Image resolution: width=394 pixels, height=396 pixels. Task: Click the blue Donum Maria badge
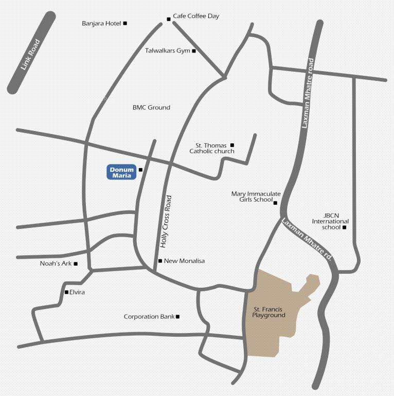point(121,172)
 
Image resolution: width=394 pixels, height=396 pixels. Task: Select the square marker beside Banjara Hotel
point(125,23)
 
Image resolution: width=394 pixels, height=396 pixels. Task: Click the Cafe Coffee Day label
point(196,16)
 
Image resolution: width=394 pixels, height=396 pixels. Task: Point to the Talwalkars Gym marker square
point(194,51)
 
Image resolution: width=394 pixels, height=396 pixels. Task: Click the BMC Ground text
point(151,107)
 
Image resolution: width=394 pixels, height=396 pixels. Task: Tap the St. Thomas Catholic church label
point(212,148)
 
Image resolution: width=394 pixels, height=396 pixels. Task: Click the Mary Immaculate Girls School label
point(252,196)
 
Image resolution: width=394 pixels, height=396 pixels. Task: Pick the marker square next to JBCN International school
point(345,227)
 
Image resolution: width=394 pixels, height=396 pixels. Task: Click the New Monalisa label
point(184,261)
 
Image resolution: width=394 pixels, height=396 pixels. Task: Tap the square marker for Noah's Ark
point(76,264)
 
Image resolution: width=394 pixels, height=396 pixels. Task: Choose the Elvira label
point(77,292)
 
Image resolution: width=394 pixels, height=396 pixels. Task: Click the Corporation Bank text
point(149,317)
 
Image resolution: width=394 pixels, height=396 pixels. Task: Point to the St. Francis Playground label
point(268,312)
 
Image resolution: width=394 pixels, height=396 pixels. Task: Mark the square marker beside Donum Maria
point(140,169)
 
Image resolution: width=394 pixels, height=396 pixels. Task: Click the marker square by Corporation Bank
point(177,317)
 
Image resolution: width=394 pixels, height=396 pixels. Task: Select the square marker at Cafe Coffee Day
point(168,20)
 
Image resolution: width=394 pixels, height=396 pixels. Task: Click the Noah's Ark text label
point(56,264)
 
